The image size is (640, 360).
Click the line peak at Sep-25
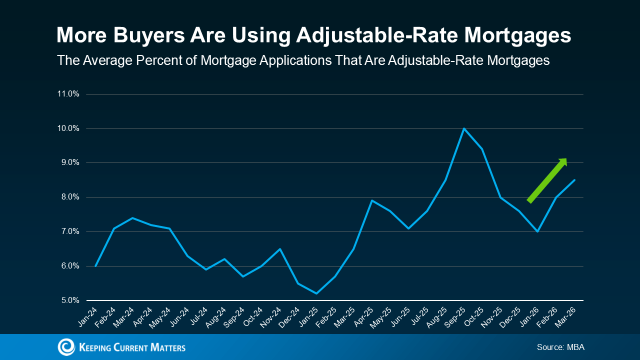click(x=464, y=128)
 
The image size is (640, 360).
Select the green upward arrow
click(x=547, y=180)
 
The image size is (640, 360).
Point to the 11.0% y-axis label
click(x=68, y=94)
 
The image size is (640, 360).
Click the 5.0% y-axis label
click(x=68, y=300)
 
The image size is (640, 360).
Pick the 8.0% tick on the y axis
click(x=68, y=197)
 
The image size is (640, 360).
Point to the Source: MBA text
click(x=560, y=347)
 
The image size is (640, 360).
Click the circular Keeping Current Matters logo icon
click(x=66, y=347)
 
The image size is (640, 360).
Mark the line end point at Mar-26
click(x=574, y=180)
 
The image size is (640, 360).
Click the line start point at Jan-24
click(x=95, y=266)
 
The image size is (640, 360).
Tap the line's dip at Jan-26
click(x=537, y=231)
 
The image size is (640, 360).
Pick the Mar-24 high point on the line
click(x=132, y=218)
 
